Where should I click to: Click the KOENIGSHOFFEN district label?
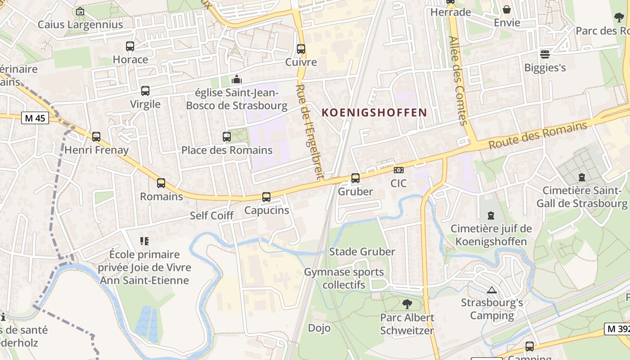tap(374, 112)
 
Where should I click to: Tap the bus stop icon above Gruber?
tap(355, 178)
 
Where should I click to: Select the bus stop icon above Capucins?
tap(266, 197)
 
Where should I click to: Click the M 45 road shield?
tap(35, 118)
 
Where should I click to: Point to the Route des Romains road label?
tap(538, 135)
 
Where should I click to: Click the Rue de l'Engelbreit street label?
tap(310, 131)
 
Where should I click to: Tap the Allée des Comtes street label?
tap(458, 81)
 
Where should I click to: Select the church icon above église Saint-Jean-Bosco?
tap(236, 80)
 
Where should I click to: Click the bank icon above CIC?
tap(398, 170)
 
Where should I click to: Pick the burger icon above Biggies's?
tap(545, 54)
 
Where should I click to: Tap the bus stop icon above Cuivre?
tap(301, 49)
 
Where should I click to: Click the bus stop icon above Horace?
tap(130, 46)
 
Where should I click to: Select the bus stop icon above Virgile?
tap(145, 91)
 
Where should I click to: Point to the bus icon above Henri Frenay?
tap(96, 137)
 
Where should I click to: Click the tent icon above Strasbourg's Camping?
tap(492, 290)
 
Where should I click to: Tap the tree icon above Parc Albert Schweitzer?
tap(407, 304)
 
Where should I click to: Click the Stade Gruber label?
tap(362, 252)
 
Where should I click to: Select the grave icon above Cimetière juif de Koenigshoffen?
tap(491, 216)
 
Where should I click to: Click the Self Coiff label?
tap(211, 216)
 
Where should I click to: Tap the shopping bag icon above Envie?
tap(507, 9)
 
